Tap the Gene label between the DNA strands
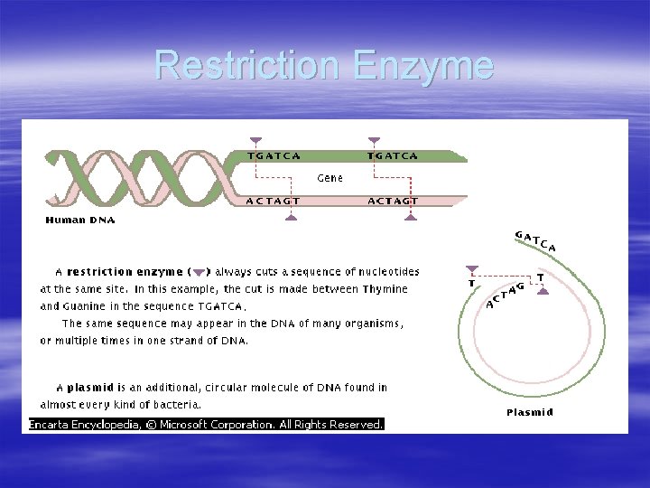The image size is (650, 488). point(330,178)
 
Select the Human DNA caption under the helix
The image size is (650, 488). point(80,220)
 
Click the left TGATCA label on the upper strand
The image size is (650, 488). point(274,156)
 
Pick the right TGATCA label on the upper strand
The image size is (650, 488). point(393,156)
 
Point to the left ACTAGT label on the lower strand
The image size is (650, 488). point(273,201)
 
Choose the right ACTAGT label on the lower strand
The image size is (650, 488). point(393,201)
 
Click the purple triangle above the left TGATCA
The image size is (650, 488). point(256,140)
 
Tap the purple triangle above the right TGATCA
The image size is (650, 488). point(374,140)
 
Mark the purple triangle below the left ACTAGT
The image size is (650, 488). point(290,217)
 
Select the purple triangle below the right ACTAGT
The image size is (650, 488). point(411,217)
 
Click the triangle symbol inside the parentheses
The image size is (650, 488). point(200,272)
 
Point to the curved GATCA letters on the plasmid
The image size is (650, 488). point(535,240)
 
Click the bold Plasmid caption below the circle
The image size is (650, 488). point(530,412)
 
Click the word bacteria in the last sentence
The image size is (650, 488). point(177,404)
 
